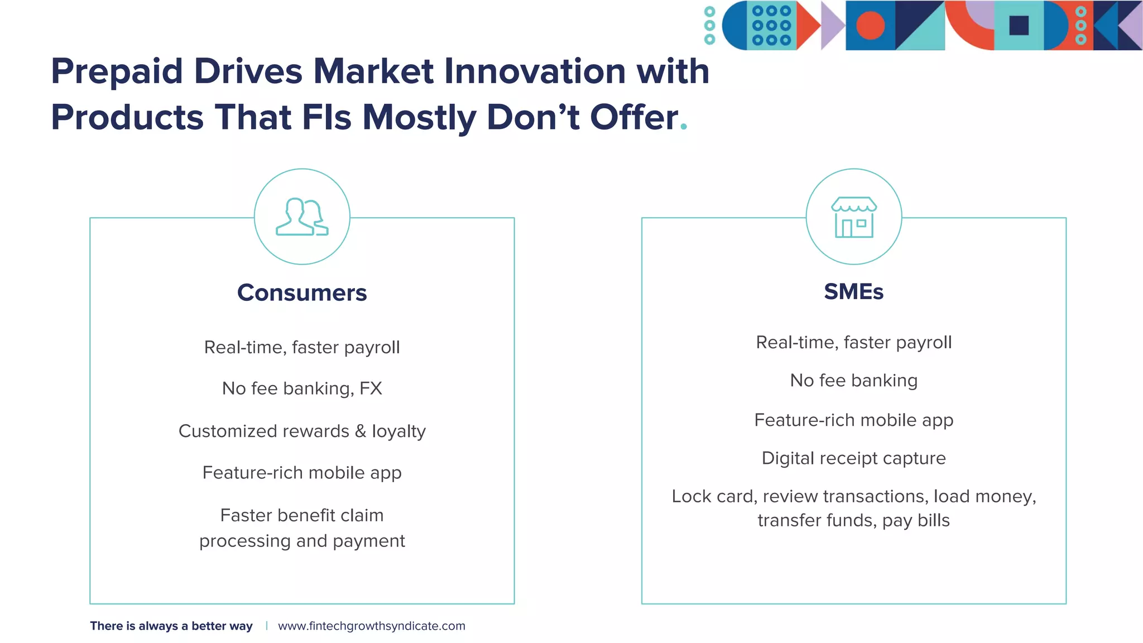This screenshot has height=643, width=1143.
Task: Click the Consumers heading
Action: pos(302,293)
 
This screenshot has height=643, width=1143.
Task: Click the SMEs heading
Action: pos(853,292)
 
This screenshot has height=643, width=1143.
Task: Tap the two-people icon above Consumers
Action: pos(302,217)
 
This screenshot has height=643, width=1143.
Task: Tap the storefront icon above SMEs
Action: pos(853,217)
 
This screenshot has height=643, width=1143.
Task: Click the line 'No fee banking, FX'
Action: pos(302,388)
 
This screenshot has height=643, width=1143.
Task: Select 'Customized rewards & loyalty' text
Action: pos(302,431)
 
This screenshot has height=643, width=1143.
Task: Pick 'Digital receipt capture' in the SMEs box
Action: pos(853,458)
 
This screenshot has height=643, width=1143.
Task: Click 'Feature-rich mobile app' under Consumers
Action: pos(302,473)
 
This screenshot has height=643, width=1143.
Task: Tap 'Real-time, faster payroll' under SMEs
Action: pos(853,342)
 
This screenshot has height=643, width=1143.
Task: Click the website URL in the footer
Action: pos(371,626)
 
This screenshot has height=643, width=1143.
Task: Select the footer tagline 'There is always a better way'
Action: pos(171,626)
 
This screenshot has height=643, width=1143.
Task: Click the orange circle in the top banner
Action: pos(870,26)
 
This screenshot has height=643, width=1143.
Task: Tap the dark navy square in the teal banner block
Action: pos(1019,26)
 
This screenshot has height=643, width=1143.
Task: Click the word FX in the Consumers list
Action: pos(371,388)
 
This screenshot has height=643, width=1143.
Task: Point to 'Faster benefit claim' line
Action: pos(302,515)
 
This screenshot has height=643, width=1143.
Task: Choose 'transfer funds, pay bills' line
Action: pos(853,521)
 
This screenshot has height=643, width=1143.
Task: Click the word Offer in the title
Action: pos(633,118)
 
